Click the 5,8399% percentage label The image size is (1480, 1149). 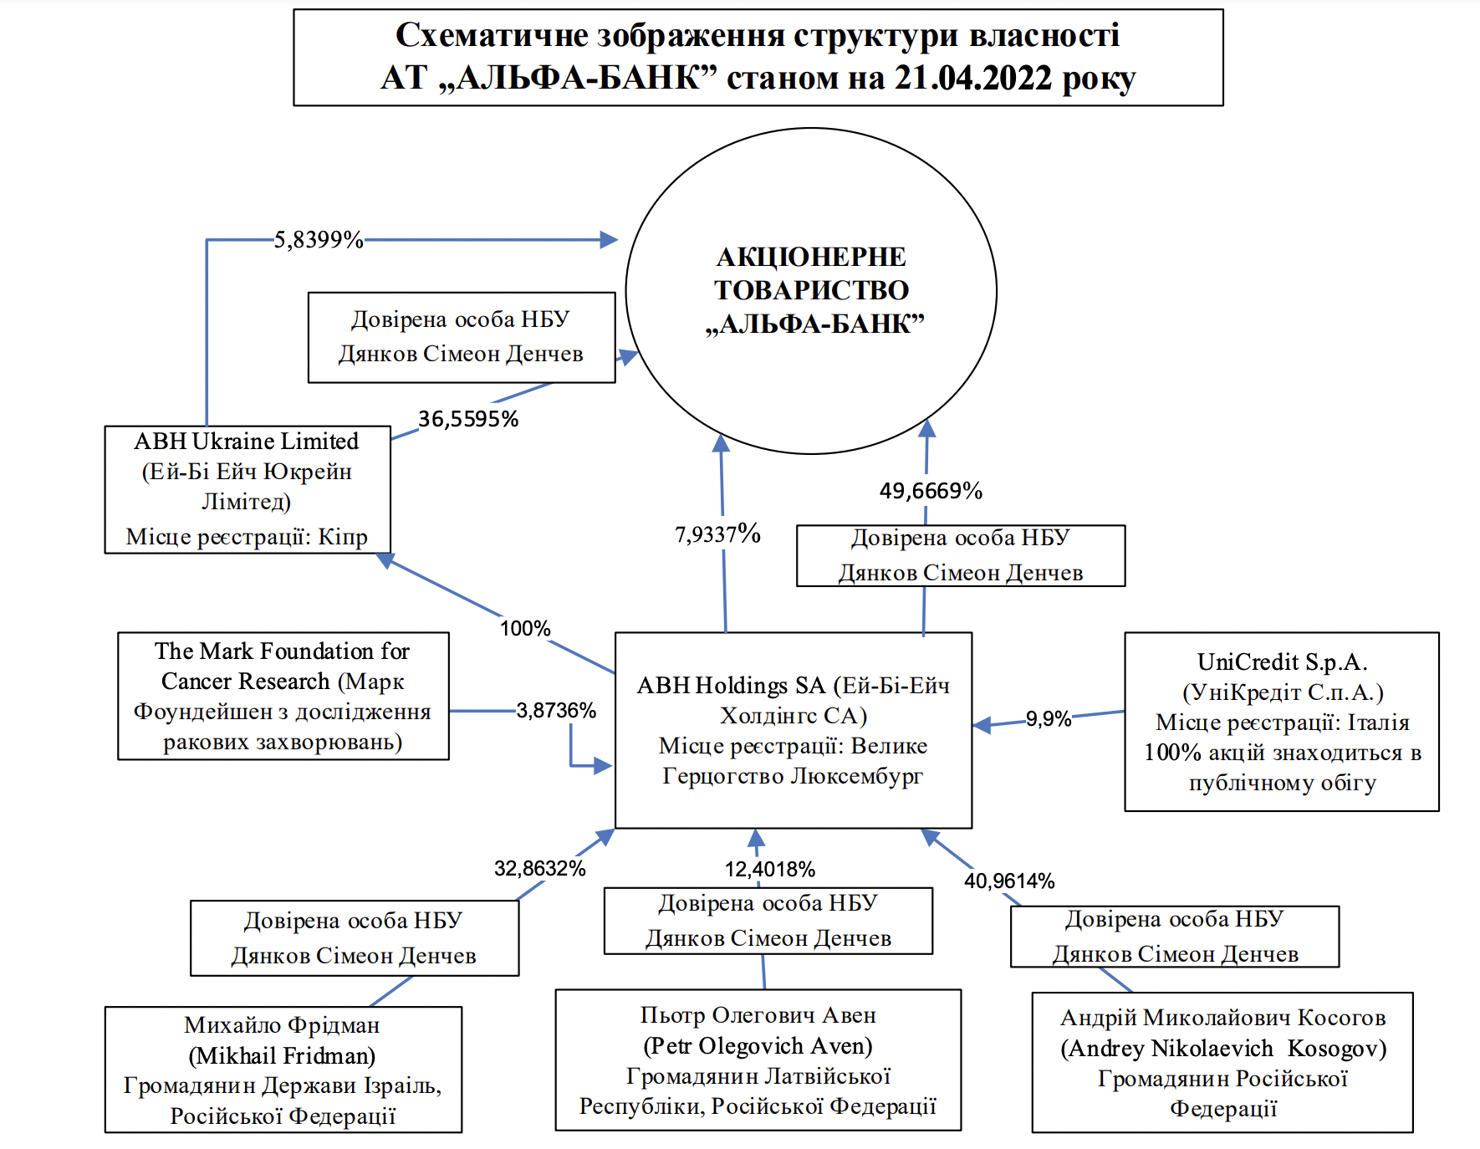click(x=319, y=240)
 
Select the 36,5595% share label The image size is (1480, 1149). click(x=468, y=419)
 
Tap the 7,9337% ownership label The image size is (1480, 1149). click(x=717, y=534)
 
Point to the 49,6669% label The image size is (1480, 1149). click(x=931, y=491)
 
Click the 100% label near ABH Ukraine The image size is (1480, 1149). click(x=525, y=628)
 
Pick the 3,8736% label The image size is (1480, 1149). click(x=556, y=711)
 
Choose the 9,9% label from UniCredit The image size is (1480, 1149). click(x=1049, y=719)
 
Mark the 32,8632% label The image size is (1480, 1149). click(x=540, y=869)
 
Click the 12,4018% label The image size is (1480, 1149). click(x=769, y=870)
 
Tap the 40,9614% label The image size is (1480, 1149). click(x=1009, y=881)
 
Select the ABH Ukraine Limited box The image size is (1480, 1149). click(x=248, y=489)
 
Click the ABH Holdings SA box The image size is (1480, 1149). click(x=793, y=730)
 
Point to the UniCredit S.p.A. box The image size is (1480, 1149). click(x=1281, y=722)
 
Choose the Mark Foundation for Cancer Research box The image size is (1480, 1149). click(x=283, y=696)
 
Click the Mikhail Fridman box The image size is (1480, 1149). click(x=283, y=1070)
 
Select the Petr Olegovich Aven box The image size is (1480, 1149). click(x=758, y=1060)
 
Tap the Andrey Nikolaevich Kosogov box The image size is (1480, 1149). click(x=1222, y=1063)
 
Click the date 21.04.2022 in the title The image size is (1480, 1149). click(x=972, y=79)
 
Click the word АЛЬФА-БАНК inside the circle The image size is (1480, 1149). click(x=815, y=324)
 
